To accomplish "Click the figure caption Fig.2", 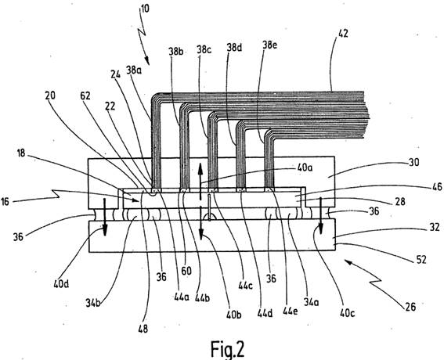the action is (x=227, y=349).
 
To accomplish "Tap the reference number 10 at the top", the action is (x=145, y=9).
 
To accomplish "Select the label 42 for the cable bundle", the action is (x=343, y=34).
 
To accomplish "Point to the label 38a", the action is (x=134, y=70).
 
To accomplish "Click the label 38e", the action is (x=269, y=45).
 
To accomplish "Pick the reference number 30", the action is (x=414, y=163).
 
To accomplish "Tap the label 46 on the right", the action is (x=437, y=186).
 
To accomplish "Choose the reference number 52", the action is (x=421, y=260).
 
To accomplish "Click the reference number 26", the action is (x=410, y=307).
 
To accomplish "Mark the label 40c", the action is (x=348, y=313).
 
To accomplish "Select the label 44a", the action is (x=182, y=297).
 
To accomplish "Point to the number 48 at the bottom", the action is (x=143, y=329).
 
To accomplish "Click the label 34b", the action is (x=93, y=304).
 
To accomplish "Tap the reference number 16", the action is (x=5, y=202).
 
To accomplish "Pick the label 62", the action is (x=85, y=95).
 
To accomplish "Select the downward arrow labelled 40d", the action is (x=104, y=217).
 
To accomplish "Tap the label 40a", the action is (x=305, y=167).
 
